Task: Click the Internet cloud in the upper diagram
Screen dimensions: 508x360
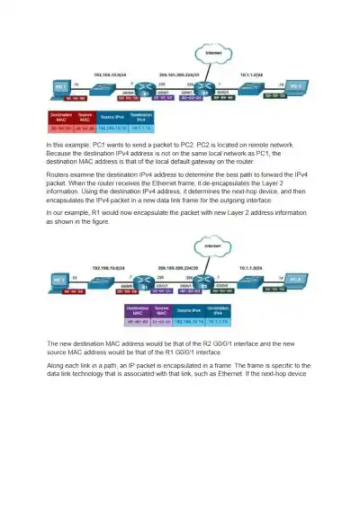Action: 212,57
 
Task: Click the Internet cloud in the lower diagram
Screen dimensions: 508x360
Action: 212,245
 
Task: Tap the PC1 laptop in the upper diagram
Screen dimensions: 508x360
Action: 60,86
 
